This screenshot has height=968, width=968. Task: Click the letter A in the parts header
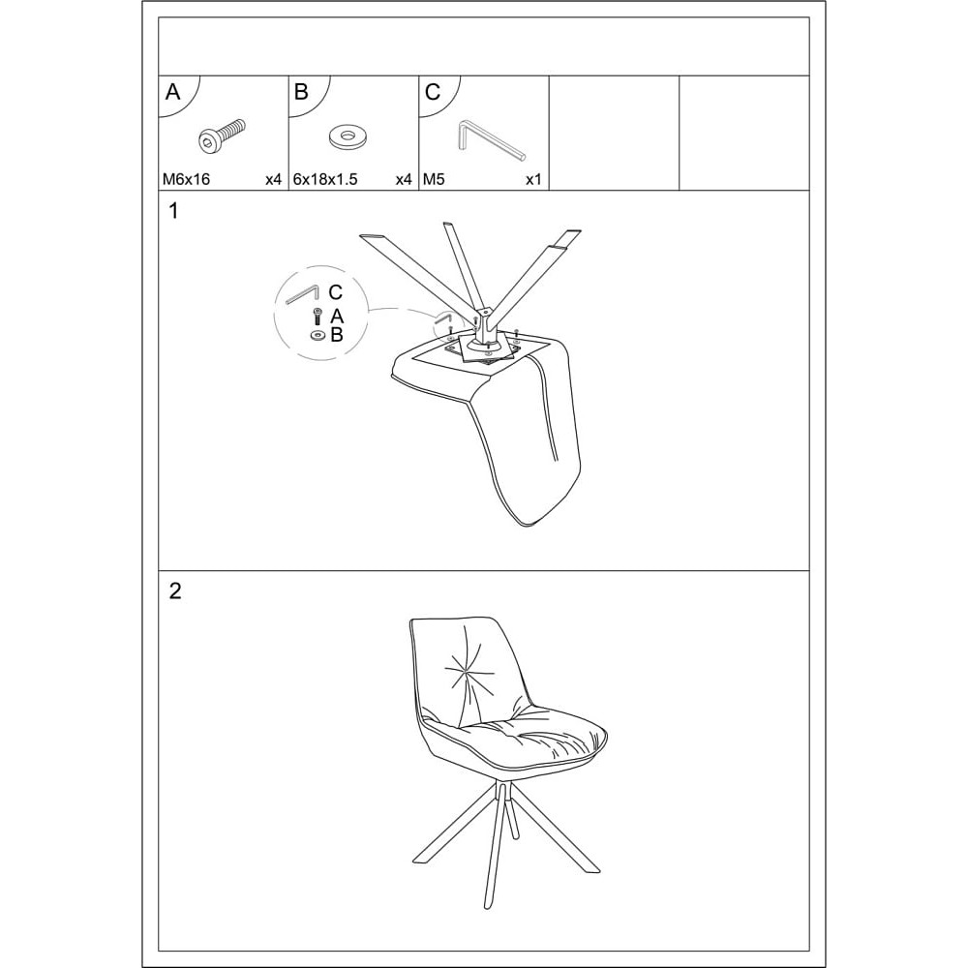tap(173, 92)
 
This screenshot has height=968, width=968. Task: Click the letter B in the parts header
tap(301, 92)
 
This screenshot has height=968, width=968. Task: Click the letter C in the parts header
tap(432, 92)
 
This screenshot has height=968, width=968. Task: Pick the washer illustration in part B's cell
tap(348, 136)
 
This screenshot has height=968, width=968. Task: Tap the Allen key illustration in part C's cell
tap(492, 141)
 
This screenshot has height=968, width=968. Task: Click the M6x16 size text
tap(186, 180)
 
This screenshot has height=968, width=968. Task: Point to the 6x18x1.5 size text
tap(325, 180)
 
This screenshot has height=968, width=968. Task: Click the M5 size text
tap(434, 180)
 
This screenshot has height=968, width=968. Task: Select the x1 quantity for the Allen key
tap(533, 180)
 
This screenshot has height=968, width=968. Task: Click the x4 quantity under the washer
tap(403, 180)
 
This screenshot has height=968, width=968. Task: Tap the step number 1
tap(173, 211)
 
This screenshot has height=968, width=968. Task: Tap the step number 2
tap(175, 591)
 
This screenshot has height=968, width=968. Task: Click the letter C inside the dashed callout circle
tap(335, 292)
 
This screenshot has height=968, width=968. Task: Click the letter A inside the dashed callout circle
tap(337, 317)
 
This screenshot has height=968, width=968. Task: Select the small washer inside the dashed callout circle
tap(318, 335)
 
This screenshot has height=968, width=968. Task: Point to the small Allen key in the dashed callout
tap(302, 294)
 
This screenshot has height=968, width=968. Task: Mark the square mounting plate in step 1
tap(488, 348)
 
